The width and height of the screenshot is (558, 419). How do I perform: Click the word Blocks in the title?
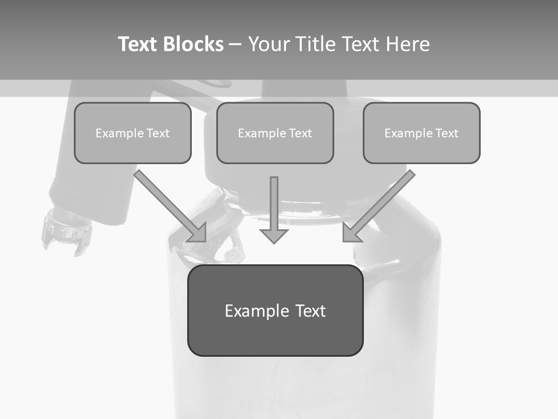click(193, 44)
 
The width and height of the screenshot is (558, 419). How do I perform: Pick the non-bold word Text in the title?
click(362, 44)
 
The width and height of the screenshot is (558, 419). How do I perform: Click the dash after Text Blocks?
click(235, 45)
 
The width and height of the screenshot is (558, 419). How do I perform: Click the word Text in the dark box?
click(310, 311)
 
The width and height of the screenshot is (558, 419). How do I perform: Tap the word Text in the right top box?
click(446, 133)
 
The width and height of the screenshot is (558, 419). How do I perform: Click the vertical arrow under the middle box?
click(274, 210)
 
